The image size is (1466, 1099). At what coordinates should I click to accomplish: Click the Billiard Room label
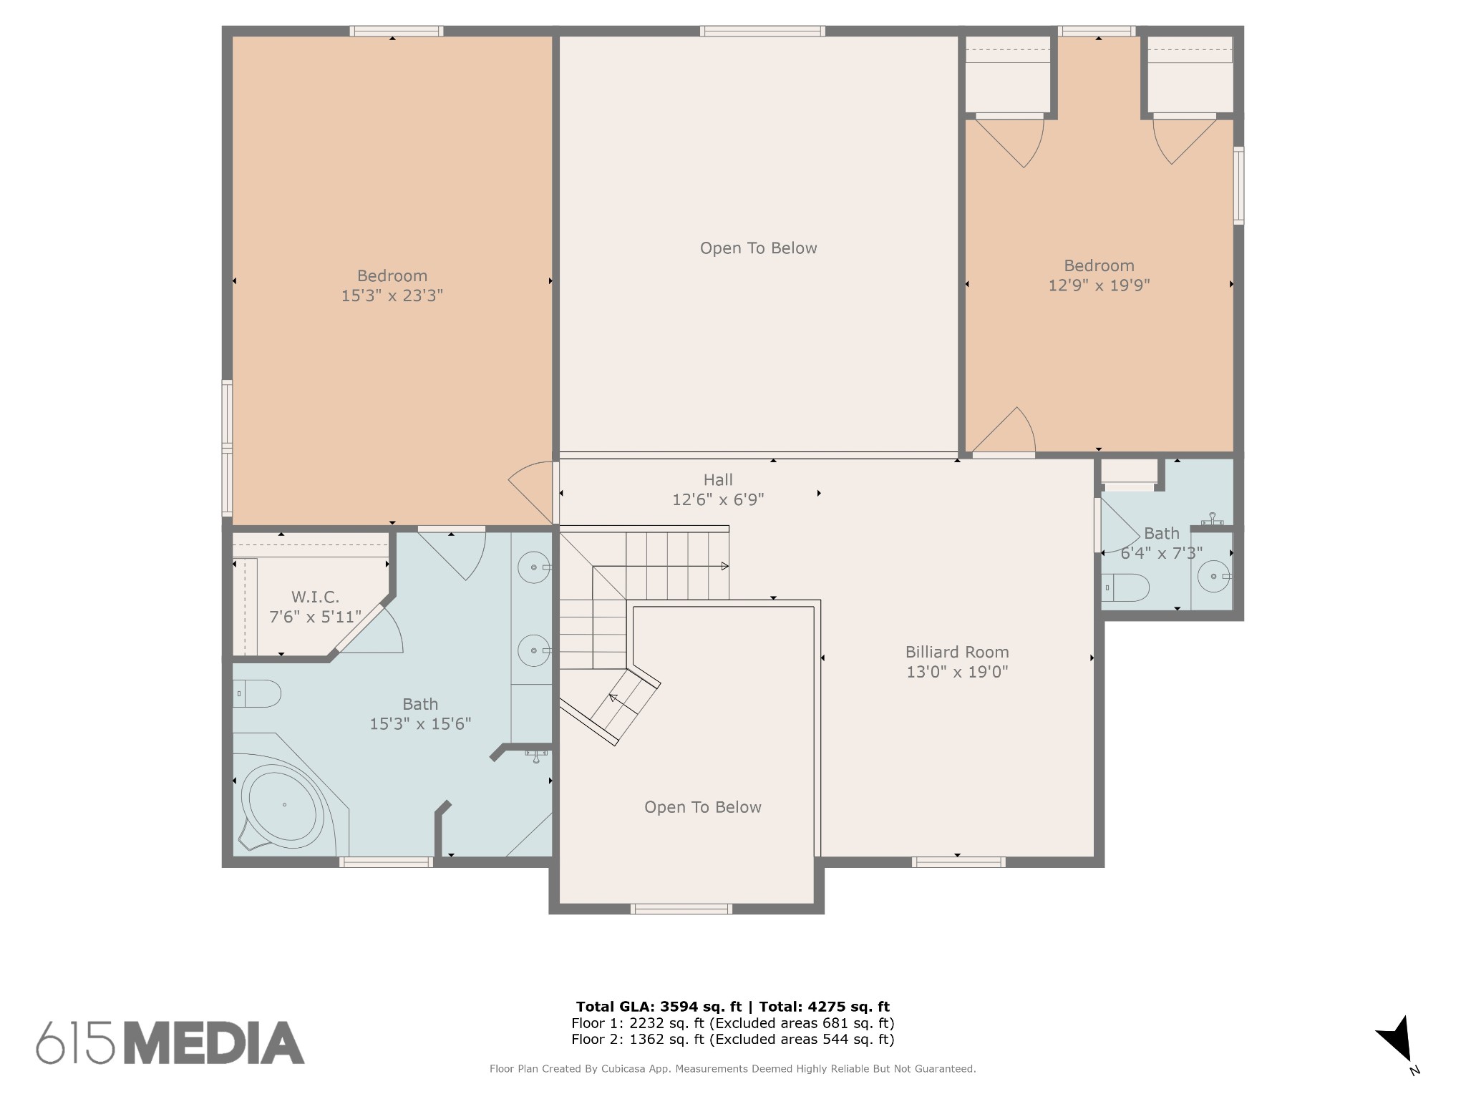coord(957,652)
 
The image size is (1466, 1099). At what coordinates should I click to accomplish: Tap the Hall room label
coord(718,480)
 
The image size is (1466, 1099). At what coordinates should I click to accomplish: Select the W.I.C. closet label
coord(315,597)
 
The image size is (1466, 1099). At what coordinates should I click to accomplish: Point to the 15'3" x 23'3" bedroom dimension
coord(392,295)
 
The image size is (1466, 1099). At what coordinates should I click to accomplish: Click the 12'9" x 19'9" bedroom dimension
coord(1099,285)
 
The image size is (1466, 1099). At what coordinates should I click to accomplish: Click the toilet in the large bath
coord(257,693)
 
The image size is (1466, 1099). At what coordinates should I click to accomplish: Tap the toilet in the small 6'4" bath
coord(1125,587)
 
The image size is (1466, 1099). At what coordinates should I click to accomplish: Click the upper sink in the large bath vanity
coord(535,567)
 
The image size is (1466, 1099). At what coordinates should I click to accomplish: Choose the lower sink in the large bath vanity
coord(535,650)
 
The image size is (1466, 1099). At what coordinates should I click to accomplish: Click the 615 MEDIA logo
coord(170,1042)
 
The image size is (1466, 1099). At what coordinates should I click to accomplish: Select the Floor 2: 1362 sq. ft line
coord(733,1040)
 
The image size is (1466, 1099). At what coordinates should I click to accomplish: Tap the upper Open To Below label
coord(758,248)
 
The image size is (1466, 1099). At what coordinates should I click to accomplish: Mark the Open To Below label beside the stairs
coord(702,807)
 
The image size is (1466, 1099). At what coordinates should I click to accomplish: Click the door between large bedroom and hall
coord(530,493)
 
